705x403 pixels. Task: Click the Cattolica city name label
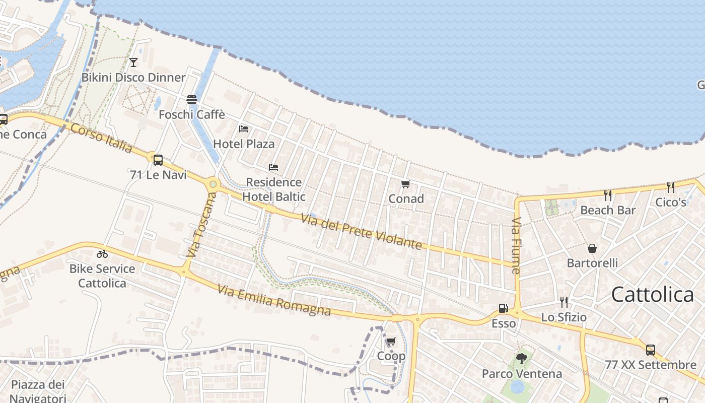pyautogui.click(x=652, y=295)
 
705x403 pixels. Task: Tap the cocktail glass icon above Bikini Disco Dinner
pyautogui.click(x=133, y=62)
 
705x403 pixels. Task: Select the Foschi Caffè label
pyautogui.click(x=192, y=114)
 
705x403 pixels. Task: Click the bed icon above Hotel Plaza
pyautogui.click(x=244, y=129)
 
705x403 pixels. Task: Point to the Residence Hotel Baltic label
pyautogui.click(x=273, y=189)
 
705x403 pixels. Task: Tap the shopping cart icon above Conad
pyautogui.click(x=406, y=184)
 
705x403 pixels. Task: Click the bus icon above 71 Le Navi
pyautogui.click(x=158, y=160)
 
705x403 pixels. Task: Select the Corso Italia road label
pyautogui.click(x=101, y=138)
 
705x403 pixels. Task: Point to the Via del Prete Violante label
pyautogui.click(x=361, y=231)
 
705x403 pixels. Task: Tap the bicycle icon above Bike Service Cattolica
pyautogui.click(x=102, y=254)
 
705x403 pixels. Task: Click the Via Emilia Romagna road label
pyautogui.click(x=274, y=301)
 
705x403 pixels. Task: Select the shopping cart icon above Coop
pyautogui.click(x=391, y=342)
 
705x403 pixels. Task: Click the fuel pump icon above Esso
pyautogui.click(x=503, y=308)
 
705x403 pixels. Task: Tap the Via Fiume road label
pyautogui.click(x=516, y=245)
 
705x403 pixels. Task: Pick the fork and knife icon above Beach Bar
pyautogui.click(x=608, y=195)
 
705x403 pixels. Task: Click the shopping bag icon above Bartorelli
pyautogui.click(x=592, y=248)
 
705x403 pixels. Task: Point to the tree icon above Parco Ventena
pyautogui.click(x=522, y=359)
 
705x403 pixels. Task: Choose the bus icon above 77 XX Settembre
pyautogui.click(x=651, y=350)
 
